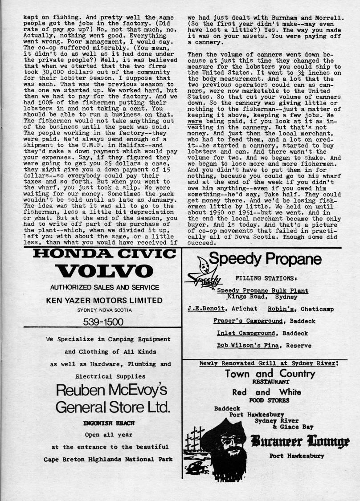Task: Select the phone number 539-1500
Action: (104, 321)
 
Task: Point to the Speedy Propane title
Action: (265, 259)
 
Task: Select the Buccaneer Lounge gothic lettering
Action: (300, 442)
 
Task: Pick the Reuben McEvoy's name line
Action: (111, 390)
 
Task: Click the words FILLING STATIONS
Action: (266, 278)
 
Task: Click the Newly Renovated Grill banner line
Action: (269, 363)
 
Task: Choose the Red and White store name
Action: (266, 392)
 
